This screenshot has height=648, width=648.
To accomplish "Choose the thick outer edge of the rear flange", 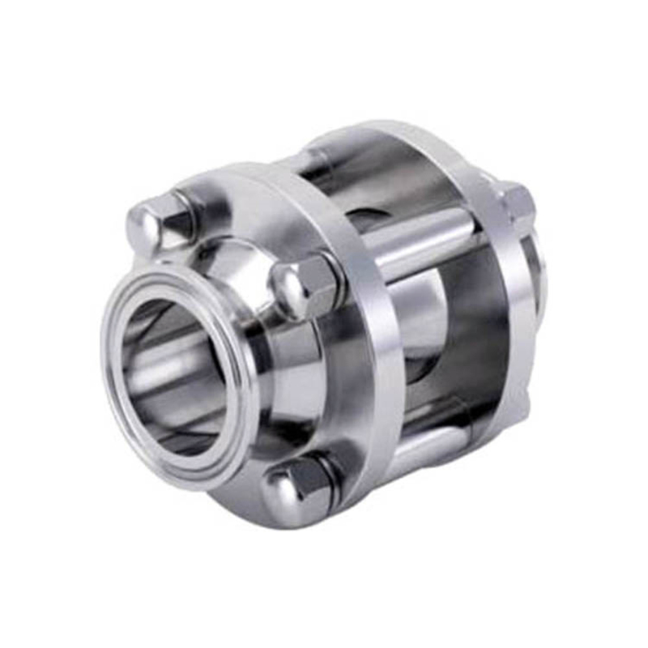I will [x=506, y=308].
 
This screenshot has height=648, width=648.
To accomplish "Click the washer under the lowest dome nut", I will [x=332, y=478].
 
